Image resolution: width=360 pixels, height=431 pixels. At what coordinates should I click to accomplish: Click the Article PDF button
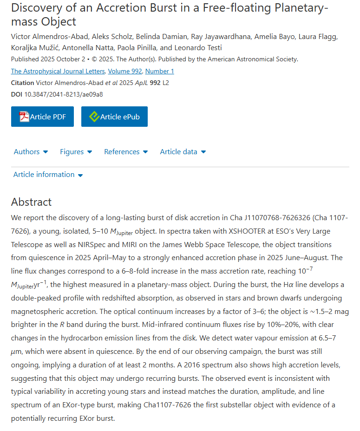click(42, 117)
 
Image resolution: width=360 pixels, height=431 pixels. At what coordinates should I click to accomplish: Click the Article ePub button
click(114, 117)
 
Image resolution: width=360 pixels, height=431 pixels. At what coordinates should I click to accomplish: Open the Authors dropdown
click(31, 152)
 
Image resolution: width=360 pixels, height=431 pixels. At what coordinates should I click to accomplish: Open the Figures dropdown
click(76, 152)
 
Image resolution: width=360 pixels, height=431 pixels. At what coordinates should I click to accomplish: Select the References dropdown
click(126, 152)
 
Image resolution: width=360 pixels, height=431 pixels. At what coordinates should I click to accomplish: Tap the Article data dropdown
click(183, 152)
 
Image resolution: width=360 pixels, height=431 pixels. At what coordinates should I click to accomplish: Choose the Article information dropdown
click(48, 175)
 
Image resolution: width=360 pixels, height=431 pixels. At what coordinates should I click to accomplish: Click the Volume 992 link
click(125, 71)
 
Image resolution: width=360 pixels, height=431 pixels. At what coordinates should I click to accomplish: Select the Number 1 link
click(159, 71)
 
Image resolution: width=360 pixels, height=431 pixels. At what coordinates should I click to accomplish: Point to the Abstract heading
click(32, 202)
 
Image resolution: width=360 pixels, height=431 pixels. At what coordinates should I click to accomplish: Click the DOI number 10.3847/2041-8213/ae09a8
click(64, 94)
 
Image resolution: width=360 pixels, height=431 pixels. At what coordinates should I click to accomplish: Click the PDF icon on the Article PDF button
click(24, 117)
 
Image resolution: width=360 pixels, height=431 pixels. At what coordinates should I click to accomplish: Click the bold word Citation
click(22, 83)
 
